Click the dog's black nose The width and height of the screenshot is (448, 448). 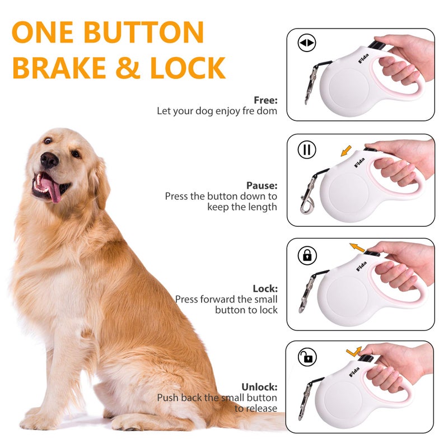(50, 160)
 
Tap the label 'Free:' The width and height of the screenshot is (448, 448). (265, 100)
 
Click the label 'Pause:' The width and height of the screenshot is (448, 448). (262, 185)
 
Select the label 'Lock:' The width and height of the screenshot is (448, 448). (265, 288)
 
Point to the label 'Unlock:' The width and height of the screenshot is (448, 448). (259, 387)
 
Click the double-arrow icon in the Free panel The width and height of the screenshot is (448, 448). (307, 43)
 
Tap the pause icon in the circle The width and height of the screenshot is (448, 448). (307, 150)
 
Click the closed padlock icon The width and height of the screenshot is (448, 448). (307, 256)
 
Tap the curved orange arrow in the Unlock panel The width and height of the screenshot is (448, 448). (353, 351)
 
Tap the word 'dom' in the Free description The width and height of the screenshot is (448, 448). (267, 111)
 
